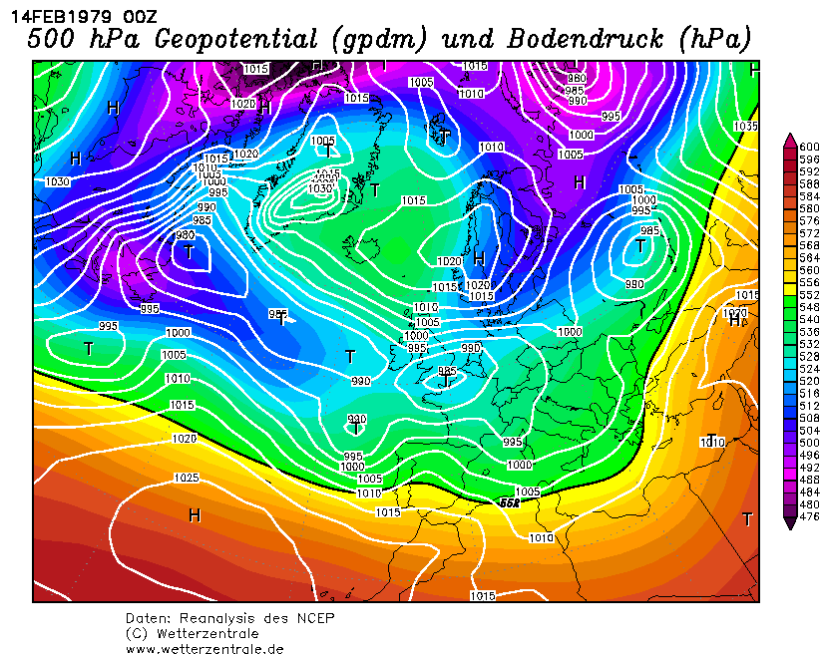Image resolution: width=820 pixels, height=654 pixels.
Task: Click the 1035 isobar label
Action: click(745, 127)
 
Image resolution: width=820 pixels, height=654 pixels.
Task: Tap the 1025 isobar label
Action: click(186, 478)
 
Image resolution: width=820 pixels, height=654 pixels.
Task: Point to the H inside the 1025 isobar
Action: click(195, 514)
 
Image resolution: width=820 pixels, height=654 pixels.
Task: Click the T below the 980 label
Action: click(189, 252)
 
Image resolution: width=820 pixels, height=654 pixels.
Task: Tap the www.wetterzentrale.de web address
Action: click(205, 648)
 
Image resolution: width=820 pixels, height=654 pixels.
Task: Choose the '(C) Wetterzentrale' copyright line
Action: click(192, 633)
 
